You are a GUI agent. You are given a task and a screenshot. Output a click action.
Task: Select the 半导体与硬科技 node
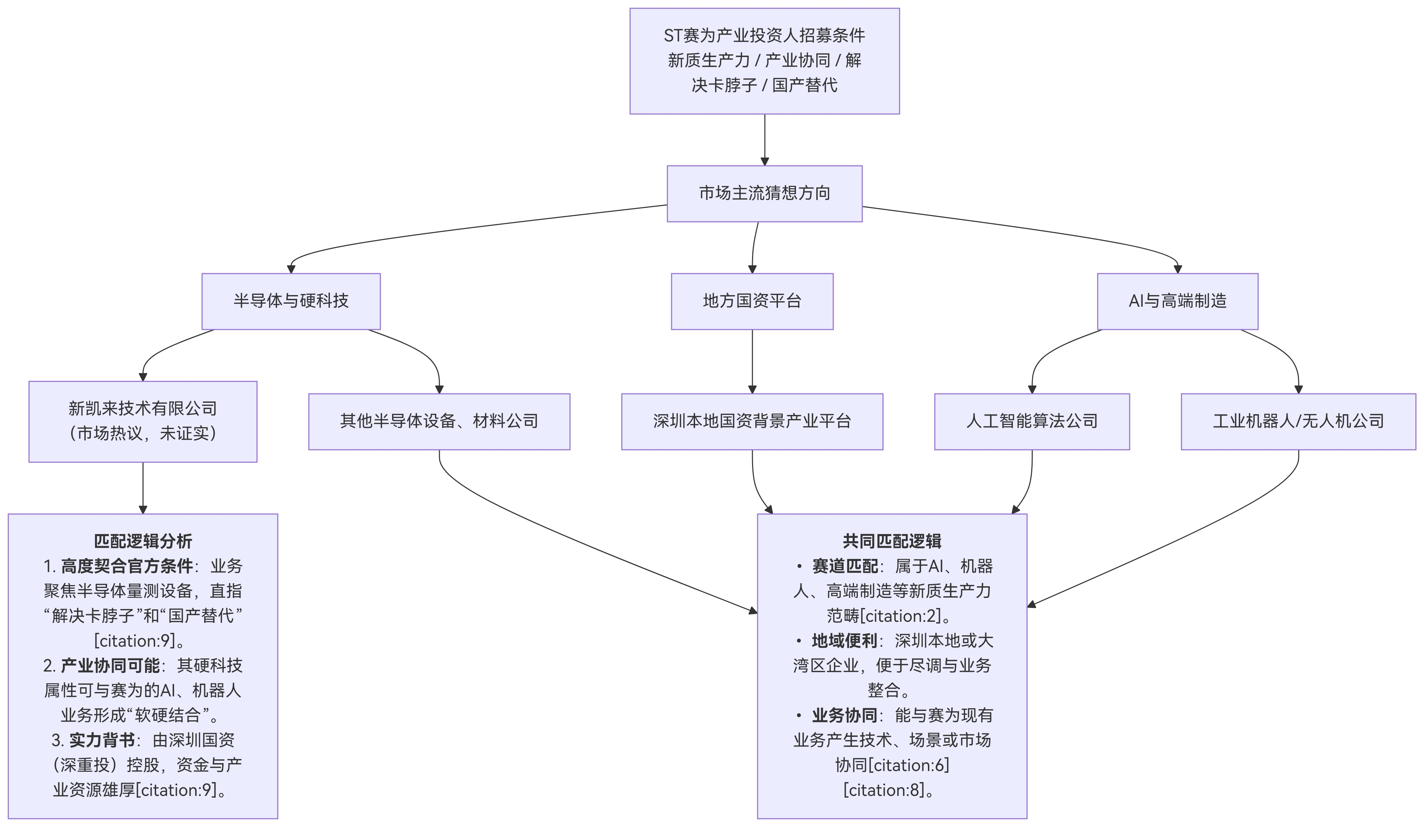(291, 301)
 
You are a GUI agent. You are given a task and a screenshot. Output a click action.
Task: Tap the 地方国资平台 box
(752, 301)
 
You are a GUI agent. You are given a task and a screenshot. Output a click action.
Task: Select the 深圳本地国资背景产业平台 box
(752, 421)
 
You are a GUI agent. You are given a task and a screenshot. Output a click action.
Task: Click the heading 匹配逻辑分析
(143, 541)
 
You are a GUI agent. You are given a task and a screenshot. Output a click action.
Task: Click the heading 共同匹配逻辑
(892, 541)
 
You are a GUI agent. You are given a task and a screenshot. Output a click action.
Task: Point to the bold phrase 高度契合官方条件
(126, 566)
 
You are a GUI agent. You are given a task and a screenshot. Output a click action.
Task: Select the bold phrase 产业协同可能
(110, 665)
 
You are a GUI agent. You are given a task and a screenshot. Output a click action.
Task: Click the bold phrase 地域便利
(844, 640)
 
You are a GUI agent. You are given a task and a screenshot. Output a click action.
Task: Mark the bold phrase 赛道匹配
(845, 566)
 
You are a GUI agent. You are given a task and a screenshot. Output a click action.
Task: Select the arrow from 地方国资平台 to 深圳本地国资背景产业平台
(752, 362)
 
